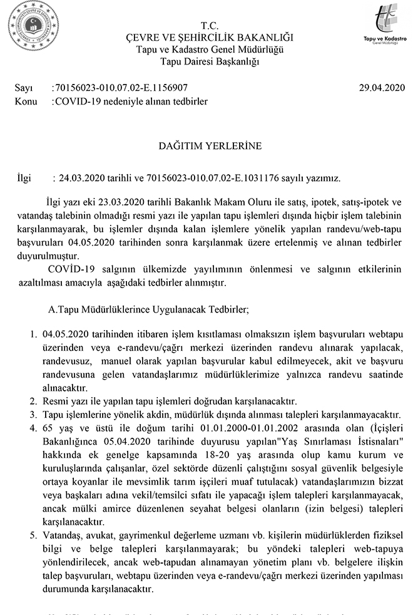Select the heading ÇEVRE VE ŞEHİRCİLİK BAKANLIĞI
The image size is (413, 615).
(x=210, y=37)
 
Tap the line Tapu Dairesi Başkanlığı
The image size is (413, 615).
(x=210, y=61)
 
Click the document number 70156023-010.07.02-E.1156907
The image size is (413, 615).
(x=121, y=88)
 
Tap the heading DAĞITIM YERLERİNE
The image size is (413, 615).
(x=210, y=146)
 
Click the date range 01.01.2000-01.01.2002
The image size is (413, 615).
(x=265, y=428)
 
